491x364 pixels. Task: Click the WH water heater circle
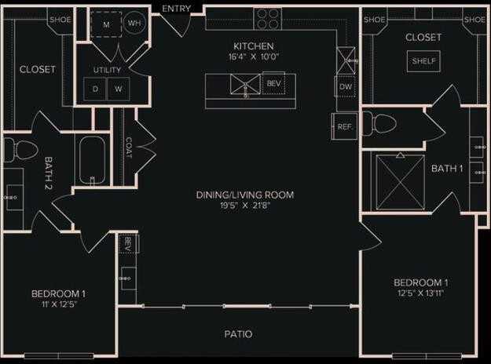(134, 24)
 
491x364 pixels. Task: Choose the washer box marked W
(119, 89)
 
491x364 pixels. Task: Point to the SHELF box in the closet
(423, 61)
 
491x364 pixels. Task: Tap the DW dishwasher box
(346, 86)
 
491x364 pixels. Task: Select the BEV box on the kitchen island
(273, 83)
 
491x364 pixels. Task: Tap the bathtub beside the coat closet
(93, 161)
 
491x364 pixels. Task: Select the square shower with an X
(400, 181)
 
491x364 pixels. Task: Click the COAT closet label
(128, 147)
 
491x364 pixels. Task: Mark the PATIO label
(239, 334)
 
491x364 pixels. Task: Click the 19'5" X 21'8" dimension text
(245, 207)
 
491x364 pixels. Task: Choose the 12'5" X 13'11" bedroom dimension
(420, 295)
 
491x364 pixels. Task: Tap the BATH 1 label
(447, 169)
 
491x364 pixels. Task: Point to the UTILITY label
(107, 71)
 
